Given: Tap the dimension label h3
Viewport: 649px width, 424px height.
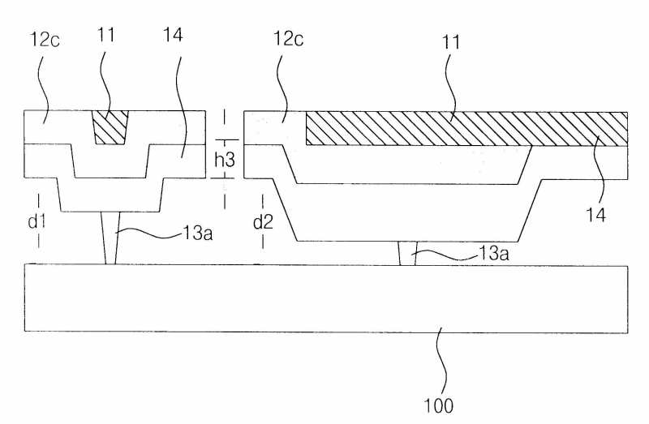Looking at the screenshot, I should point(225,161).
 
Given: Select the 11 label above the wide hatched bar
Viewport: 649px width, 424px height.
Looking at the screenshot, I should point(451,43).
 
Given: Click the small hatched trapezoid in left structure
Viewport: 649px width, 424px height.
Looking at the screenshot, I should point(110,127).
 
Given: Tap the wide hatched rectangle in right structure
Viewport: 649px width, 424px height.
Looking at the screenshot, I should point(466,128).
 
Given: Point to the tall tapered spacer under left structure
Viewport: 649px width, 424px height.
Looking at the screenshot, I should point(111,238).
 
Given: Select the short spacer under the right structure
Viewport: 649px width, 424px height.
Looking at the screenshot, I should point(408,253).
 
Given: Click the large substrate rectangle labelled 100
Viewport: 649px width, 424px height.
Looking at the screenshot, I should point(324,298).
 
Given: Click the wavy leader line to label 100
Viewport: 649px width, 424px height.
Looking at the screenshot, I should point(442,361).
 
